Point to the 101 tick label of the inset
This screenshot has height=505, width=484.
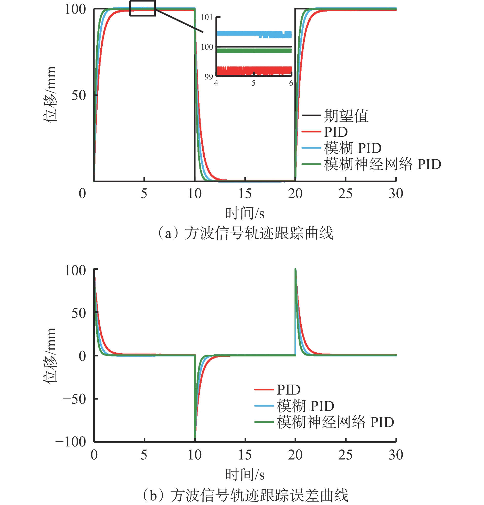[207, 18]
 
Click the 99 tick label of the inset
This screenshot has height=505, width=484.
[209, 76]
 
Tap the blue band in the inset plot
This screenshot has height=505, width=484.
[254, 34]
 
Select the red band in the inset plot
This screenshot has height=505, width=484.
[254, 70]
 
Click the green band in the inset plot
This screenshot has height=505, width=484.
[254, 51]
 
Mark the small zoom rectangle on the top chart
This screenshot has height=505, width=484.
[142, 8]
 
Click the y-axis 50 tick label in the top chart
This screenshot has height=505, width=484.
[78, 96]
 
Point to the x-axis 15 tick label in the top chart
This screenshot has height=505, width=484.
[245, 194]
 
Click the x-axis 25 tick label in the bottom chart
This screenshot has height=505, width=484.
[345, 455]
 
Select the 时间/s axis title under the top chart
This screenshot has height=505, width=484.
[245, 214]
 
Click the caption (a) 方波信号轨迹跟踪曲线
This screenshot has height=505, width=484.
[245, 233]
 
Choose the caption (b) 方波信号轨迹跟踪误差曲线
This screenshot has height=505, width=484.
[245, 495]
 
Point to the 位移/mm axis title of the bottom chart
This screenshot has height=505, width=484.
[49, 356]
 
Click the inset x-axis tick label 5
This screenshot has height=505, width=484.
[254, 83]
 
